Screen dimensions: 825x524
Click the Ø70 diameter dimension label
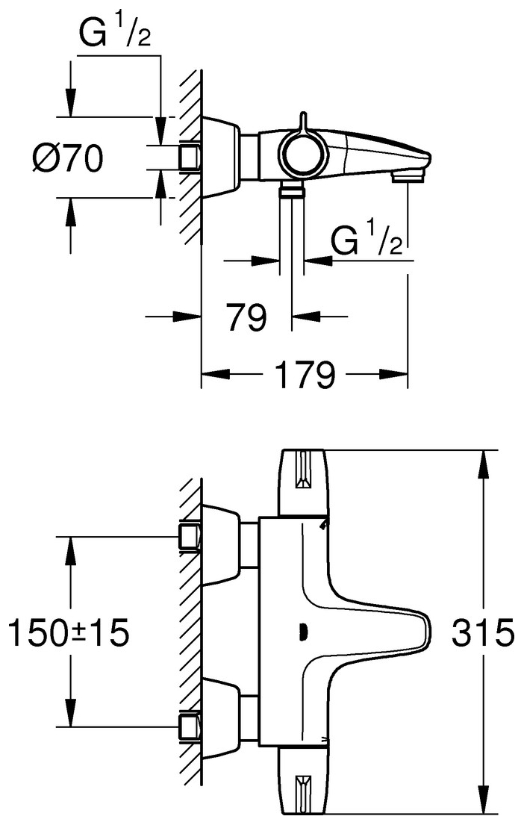[67, 158]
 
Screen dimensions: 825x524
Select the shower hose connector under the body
[292, 193]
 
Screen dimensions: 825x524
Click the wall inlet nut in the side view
[190, 158]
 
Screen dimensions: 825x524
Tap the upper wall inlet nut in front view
[190, 536]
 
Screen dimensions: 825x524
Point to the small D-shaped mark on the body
[302, 632]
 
